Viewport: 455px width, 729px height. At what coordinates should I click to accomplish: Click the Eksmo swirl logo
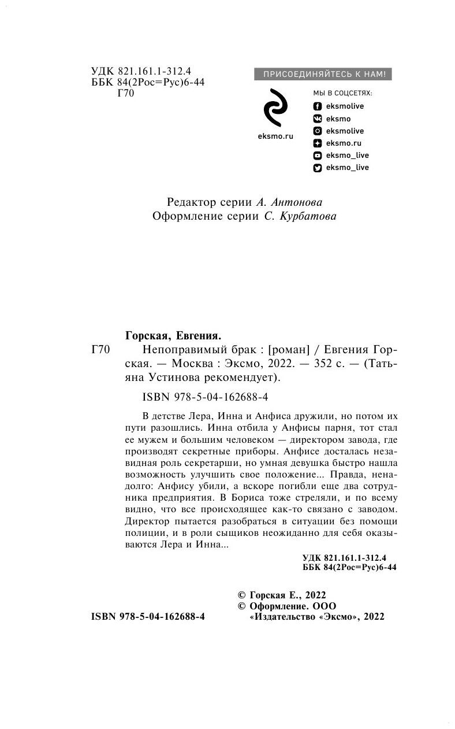point(273,108)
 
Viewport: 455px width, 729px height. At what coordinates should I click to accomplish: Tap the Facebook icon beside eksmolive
point(317,106)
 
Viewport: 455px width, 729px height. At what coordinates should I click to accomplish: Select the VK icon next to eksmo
point(317,119)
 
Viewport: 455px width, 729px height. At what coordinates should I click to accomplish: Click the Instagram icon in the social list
point(317,131)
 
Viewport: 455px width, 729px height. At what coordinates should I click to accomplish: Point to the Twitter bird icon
point(317,168)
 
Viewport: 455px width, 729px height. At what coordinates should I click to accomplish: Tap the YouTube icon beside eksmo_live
point(317,156)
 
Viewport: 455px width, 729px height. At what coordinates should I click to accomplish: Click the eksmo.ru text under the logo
point(274,136)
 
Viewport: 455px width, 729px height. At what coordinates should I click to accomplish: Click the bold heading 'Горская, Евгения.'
point(174,335)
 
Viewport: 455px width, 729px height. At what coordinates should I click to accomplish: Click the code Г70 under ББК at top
point(125,94)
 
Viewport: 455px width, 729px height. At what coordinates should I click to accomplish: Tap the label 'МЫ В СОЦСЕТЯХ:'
point(342,93)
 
